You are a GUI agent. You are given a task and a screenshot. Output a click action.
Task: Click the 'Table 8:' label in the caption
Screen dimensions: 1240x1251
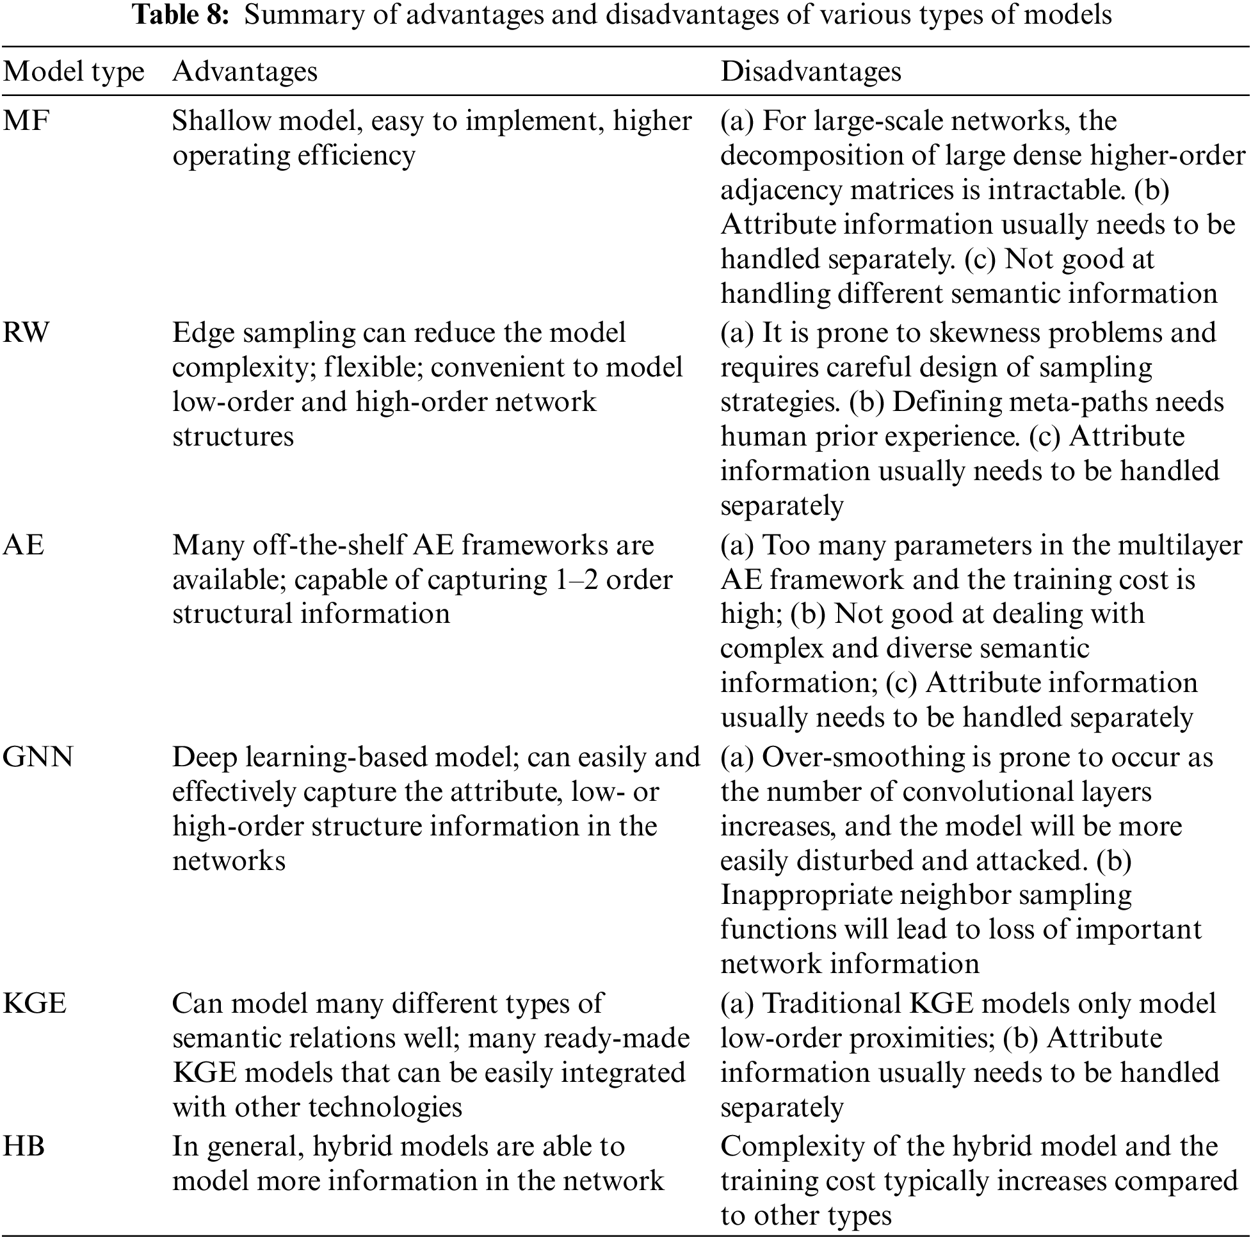(x=181, y=15)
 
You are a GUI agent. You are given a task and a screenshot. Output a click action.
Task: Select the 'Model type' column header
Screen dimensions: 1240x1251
(x=73, y=72)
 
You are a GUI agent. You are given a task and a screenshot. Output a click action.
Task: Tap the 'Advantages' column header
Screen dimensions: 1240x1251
(x=245, y=71)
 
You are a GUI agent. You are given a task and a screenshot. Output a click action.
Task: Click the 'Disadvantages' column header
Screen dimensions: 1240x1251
(x=811, y=71)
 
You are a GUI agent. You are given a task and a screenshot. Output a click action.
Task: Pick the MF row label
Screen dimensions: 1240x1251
(x=26, y=121)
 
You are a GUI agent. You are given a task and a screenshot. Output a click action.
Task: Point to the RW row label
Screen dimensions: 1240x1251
(x=26, y=333)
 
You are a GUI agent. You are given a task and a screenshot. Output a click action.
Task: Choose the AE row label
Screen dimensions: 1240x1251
(x=23, y=545)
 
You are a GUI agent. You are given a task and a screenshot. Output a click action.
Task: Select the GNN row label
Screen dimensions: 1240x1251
(x=38, y=757)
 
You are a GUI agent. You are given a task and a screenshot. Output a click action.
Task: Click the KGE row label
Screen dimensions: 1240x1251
(x=35, y=1004)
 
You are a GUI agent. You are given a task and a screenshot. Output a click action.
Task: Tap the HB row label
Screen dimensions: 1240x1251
(x=24, y=1147)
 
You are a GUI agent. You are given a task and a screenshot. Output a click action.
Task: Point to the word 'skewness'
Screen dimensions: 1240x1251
(x=985, y=333)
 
